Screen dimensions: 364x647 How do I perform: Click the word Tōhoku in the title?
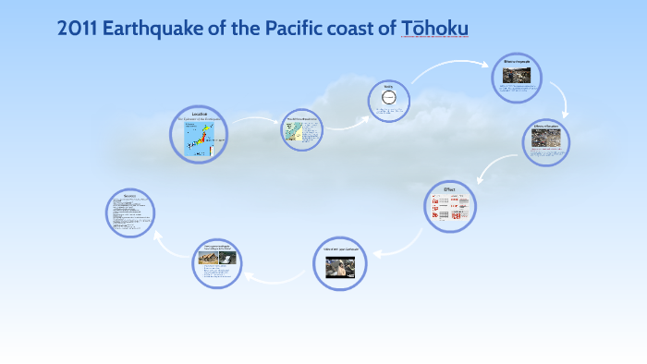(434, 30)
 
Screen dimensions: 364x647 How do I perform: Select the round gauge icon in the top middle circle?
(388, 98)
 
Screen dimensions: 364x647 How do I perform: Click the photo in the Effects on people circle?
(517, 76)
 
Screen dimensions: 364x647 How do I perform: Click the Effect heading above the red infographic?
(449, 188)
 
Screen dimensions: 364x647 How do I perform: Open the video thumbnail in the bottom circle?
(340, 265)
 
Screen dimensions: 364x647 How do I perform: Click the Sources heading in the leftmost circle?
(129, 196)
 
